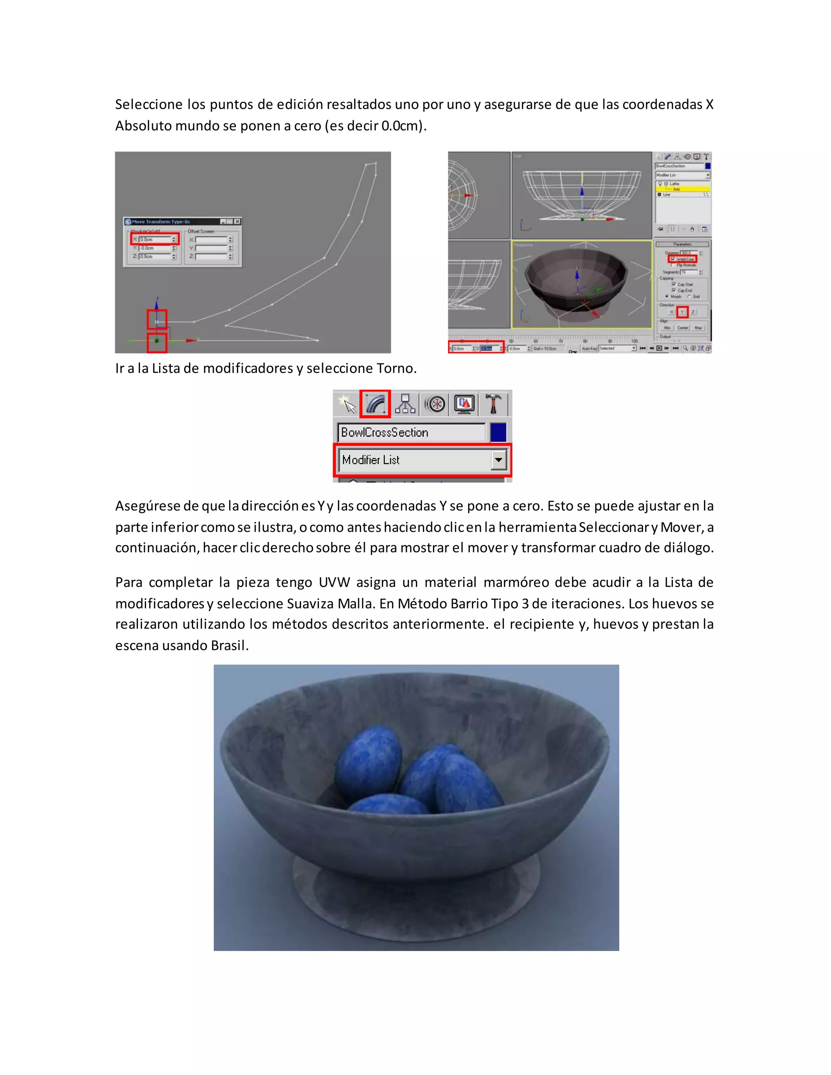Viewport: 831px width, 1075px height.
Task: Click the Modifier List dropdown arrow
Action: pyautogui.click(x=498, y=460)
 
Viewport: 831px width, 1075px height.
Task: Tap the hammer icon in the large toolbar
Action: pyautogui.click(x=493, y=404)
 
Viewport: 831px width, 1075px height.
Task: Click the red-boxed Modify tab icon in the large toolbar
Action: pyautogui.click(x=375, y=404)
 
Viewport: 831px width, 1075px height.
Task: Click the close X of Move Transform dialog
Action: pyautogui.click(x=237, y=221)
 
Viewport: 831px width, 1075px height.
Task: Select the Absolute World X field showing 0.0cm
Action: pyautogui.click(x=155, y=239)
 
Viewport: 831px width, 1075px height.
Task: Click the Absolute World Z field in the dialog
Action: pyautogui.click(x=155, y=256)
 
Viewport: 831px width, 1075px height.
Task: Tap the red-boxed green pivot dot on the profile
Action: pyautogui.click(x=157, y=341)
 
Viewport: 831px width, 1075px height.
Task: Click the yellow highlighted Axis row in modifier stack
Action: pyautogui.click(x=682, y=189)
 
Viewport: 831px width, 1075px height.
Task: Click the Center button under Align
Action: pyautogui.click(x=682, y=328)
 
